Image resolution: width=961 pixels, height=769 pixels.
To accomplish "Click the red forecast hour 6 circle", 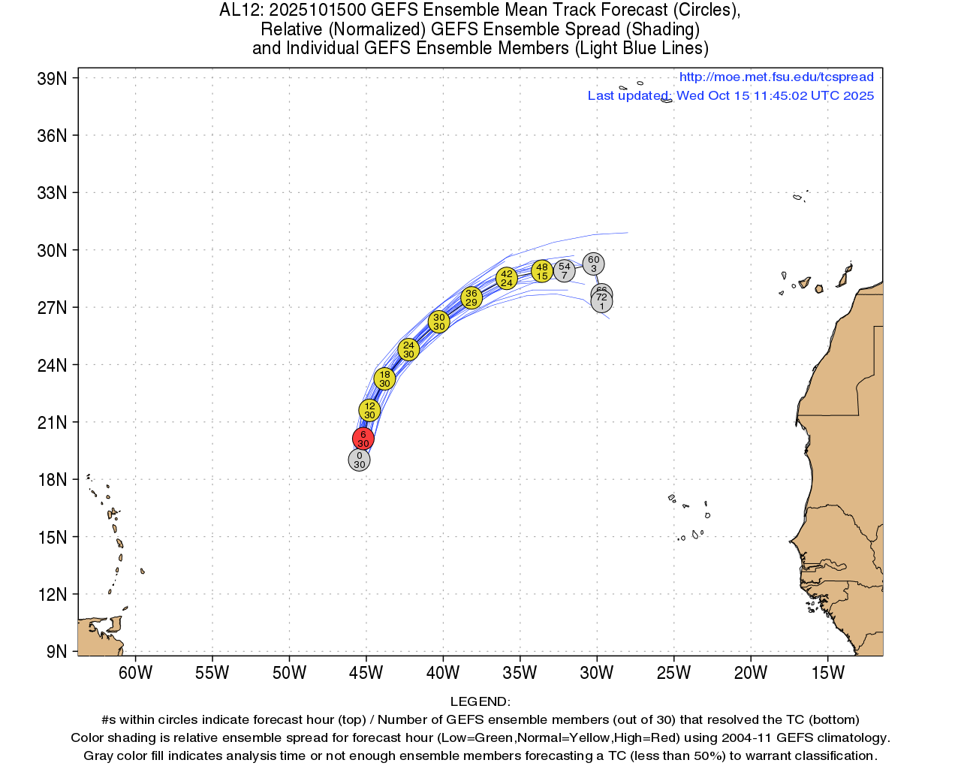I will [363, 439].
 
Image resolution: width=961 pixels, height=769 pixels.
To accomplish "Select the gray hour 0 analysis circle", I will [360, 460].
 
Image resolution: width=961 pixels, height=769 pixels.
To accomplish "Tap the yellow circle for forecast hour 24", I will [408, 350].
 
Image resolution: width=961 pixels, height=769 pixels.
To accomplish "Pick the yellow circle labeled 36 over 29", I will [471, 298].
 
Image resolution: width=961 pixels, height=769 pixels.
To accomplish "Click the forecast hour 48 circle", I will [542, 271].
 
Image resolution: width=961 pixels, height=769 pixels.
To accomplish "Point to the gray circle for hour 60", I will [594, 264].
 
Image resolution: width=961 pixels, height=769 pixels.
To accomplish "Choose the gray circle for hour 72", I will [601, 302].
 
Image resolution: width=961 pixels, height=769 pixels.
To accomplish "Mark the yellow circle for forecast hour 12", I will [369, 411].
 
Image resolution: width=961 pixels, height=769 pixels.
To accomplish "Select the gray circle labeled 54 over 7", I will [565, 271].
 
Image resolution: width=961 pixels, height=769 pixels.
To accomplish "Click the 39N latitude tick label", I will [52, 79].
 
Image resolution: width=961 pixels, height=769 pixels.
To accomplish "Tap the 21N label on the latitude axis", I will [52, 423].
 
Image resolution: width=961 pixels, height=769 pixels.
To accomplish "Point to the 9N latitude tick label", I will [56, 652].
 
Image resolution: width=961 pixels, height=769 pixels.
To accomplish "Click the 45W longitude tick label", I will [366, 673].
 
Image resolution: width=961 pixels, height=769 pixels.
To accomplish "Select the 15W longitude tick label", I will [828, 673].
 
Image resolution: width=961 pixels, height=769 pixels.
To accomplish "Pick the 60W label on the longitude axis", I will [135, 673].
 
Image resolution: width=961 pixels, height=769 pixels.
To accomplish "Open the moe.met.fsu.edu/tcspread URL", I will [776, 77].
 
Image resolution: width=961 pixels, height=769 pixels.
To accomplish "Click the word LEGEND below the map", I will [480, 701].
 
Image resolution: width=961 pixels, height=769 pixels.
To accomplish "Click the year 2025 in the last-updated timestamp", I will [858, 95].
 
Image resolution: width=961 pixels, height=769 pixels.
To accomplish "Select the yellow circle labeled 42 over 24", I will [507, 278].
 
